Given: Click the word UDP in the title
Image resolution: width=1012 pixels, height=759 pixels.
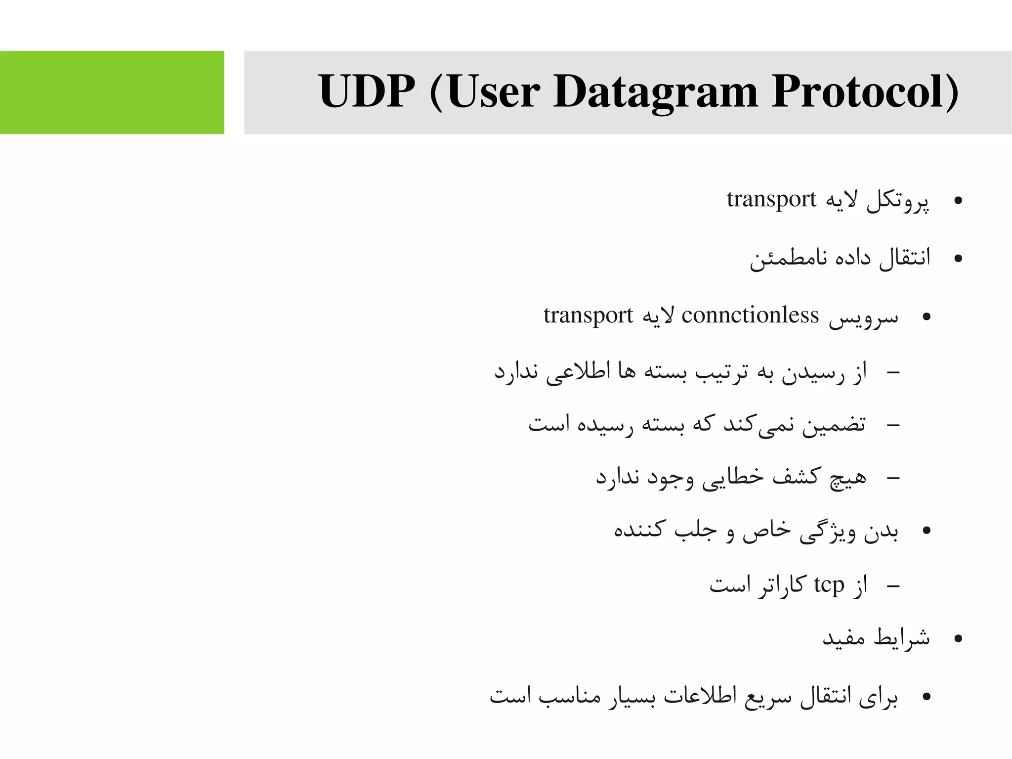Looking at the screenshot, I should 366,91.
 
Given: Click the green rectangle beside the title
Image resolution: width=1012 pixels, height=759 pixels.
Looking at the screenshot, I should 112,92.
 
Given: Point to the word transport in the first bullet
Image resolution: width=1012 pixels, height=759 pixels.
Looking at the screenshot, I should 771,199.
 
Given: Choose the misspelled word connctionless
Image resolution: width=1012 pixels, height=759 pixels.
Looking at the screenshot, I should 750,315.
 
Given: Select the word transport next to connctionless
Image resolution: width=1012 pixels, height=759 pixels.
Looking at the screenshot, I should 588,315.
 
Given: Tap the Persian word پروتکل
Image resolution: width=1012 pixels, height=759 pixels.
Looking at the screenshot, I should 898,202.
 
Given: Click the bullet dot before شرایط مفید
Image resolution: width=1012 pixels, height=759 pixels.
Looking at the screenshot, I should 958,639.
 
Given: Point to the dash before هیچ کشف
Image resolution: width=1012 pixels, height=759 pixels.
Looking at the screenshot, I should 893,478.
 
